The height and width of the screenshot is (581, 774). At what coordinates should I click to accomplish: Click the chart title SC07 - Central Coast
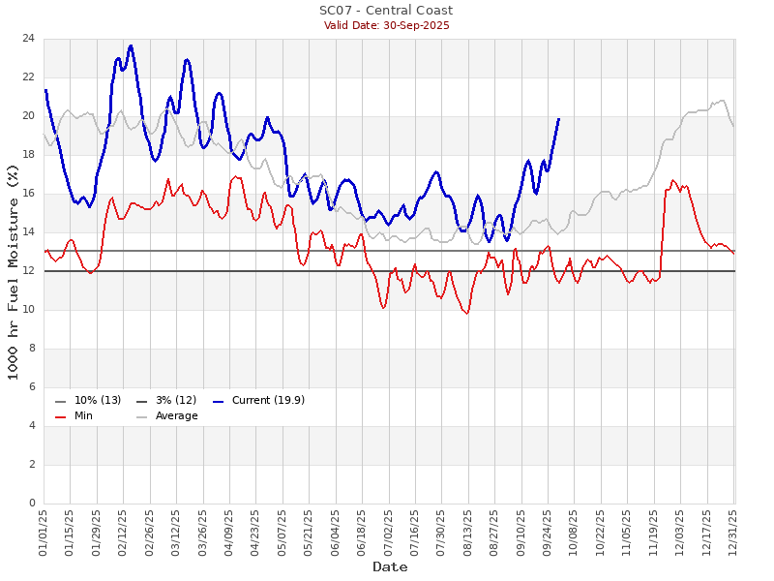(x=386, y=11)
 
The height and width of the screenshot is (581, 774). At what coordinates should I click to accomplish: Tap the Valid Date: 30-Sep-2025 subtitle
(x=386, y=25)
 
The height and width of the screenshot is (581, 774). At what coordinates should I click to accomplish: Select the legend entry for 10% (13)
(x=97, y=401)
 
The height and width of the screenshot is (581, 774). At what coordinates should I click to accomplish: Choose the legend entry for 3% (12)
(x=174, y=401)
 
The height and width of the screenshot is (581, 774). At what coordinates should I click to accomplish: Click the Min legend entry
(x=83, y=416)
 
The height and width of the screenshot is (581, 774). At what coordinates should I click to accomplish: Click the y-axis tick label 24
(x=29, y=39)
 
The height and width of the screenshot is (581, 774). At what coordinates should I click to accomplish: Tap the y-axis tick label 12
(x=29, y=271)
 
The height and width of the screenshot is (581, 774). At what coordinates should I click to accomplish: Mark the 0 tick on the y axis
(x=32, y=504)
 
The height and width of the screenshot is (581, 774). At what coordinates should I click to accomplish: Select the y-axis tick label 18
(x=29, y=155)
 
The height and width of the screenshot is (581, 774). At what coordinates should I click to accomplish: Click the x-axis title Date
(x=389, y=566)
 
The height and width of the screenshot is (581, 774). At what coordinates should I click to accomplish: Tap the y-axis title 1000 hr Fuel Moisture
(x=14, y=271)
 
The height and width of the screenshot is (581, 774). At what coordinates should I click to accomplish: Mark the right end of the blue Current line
(x=558, y=118)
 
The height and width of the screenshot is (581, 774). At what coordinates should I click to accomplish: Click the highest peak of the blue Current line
(x=131, y=46)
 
